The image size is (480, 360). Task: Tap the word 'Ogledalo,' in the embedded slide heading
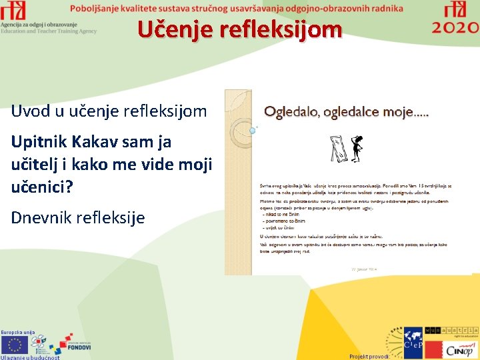pyautogui.click(x=292, y=111)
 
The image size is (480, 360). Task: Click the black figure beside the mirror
pyautogui.click(x=357, y=146)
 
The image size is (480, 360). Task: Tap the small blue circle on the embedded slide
pyautogui.click(x=252, y=131)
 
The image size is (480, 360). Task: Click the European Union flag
pyautogui.click(x=15, y=344)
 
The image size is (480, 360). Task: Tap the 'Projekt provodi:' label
pyautogui.click(x=369, y=356)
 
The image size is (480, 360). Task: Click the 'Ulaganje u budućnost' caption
pyautogui.click(x=30, y=357)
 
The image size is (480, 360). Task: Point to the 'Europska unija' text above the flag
pyautogui.click(x=18, y=331)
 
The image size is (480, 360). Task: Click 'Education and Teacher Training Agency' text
pyautogui.click(x=49, y=31)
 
